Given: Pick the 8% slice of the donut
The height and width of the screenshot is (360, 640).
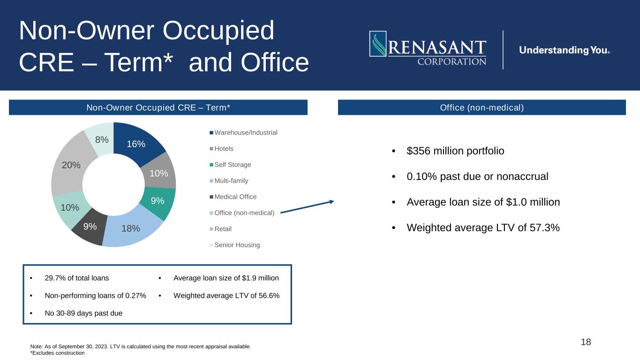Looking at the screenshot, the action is (x=100, y=139).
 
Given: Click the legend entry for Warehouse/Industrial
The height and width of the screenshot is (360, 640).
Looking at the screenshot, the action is (x=243, y=133).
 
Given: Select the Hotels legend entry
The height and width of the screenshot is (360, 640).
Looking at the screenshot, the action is (x=221, y=149).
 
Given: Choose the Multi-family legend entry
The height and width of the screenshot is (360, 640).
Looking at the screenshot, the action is (x=229, y=180).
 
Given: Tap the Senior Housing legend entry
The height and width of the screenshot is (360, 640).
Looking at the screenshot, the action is (x=235, y=245).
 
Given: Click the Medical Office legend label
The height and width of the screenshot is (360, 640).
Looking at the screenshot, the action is (x=235, y=196).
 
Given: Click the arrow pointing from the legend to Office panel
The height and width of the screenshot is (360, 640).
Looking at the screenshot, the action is (x=307, y=207).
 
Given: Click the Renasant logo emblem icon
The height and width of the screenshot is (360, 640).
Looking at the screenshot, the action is (x=378, y=44).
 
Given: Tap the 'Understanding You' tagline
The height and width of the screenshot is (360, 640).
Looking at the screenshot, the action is (x=565, y=50).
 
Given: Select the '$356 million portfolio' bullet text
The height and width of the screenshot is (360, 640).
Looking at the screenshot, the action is (x=455, y=151).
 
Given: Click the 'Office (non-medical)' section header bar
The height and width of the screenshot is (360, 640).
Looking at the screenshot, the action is (x=482, y=107).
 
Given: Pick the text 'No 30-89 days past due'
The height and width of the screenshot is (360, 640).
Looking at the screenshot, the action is (x=83, y=313).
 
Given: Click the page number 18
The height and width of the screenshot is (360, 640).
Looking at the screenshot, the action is (x=586, y=342).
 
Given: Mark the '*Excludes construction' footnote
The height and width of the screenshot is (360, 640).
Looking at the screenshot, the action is (x=57, y=353).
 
